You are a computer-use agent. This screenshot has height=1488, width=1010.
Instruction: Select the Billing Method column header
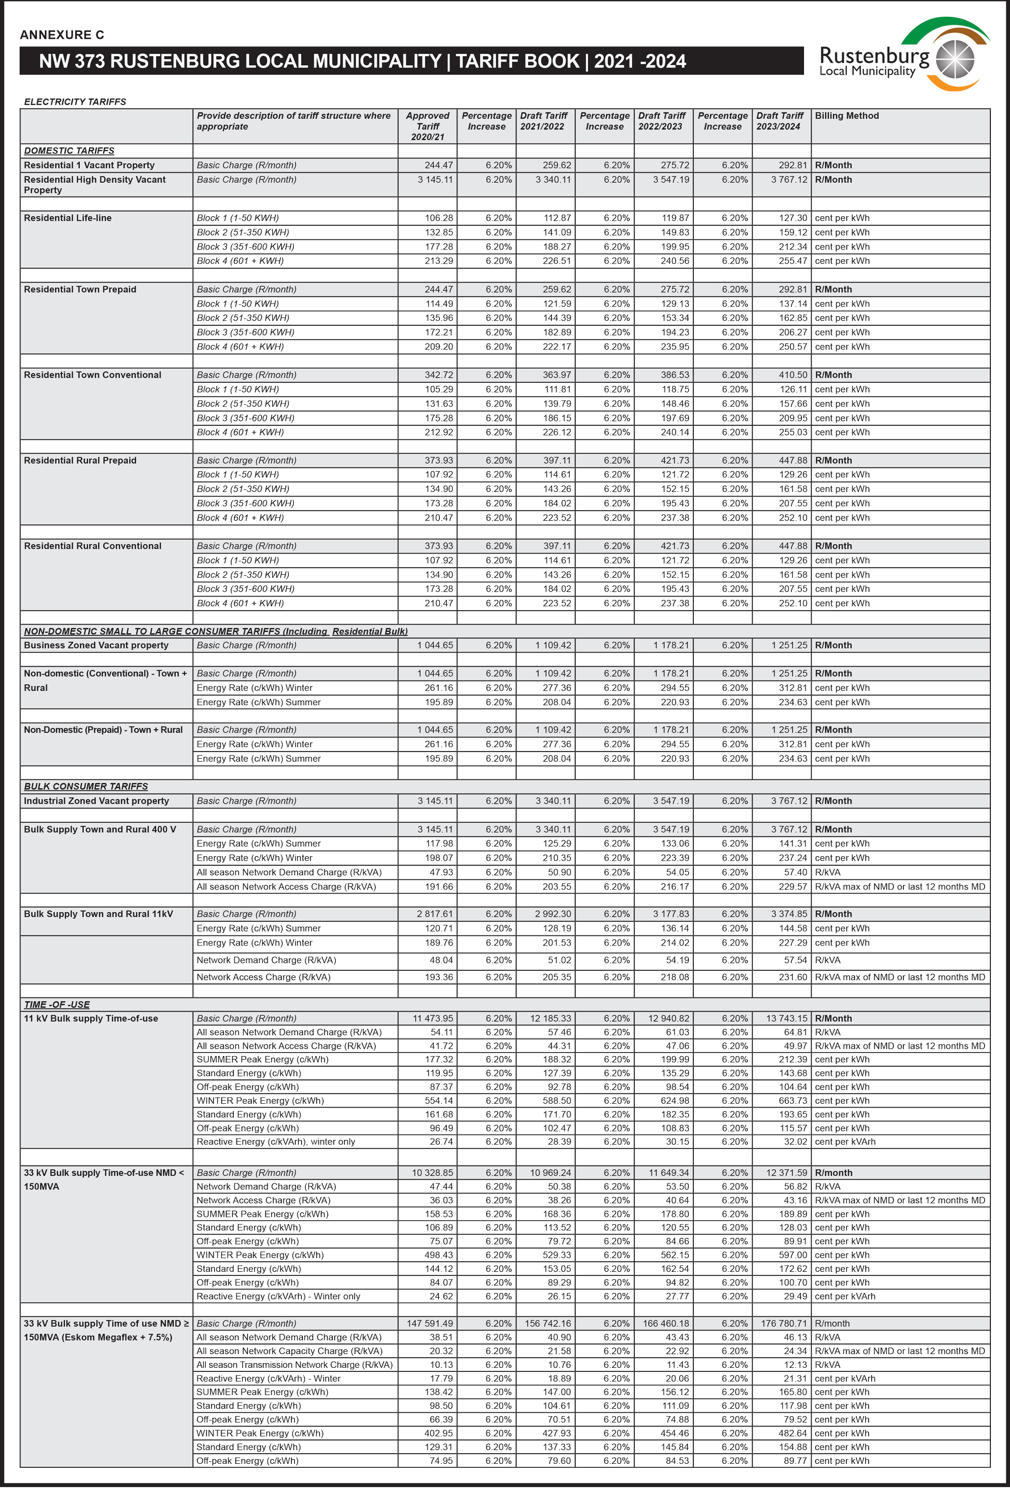coord(846,116)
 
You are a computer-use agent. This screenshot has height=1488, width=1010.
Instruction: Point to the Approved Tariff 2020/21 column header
coord(428,126)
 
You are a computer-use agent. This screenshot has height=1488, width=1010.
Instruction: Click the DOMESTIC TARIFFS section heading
coord(69,151)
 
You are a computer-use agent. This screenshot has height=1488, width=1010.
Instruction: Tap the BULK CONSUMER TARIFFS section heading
coord(86,786)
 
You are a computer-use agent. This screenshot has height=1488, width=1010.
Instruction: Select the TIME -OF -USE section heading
coord(57,1005)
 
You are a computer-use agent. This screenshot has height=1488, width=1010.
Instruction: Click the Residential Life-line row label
coord(68,218)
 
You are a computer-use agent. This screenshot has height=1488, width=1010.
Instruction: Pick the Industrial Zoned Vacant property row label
coord(96,801)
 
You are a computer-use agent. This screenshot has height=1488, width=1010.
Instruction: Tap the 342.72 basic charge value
coord(438,375)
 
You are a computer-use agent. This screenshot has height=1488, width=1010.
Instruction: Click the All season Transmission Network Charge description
coord(294,1364)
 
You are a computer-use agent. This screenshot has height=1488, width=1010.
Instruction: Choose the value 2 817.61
coord(435,914)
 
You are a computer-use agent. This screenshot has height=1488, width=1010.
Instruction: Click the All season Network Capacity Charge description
coord(289,1351)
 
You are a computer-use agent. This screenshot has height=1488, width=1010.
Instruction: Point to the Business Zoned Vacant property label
coord(96,646)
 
